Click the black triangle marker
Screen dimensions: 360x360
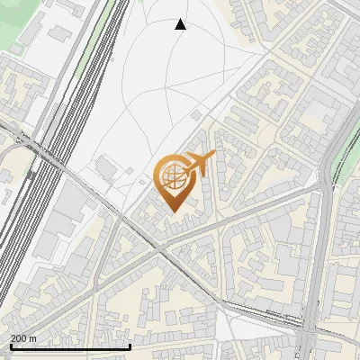[x=180, y=24]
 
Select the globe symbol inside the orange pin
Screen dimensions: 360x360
[x=171, y=179]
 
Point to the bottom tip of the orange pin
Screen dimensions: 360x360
[x=171, y=212]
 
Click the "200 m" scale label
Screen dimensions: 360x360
[x=23, y=338]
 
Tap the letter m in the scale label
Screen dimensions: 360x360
[x=32, y=338]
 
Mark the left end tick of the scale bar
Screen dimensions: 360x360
[x=11, y=345]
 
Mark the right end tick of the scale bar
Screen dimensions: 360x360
[x=130, y=345]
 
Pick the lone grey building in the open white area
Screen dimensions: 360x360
[x=106, y=167]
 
